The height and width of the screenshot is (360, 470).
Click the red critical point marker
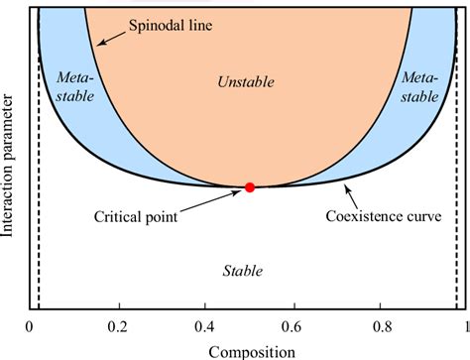point(250,187)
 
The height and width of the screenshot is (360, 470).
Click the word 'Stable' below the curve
point(244,269)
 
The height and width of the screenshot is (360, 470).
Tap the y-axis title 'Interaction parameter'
point(11,164)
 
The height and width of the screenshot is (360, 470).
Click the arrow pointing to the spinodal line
point(106,35)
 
